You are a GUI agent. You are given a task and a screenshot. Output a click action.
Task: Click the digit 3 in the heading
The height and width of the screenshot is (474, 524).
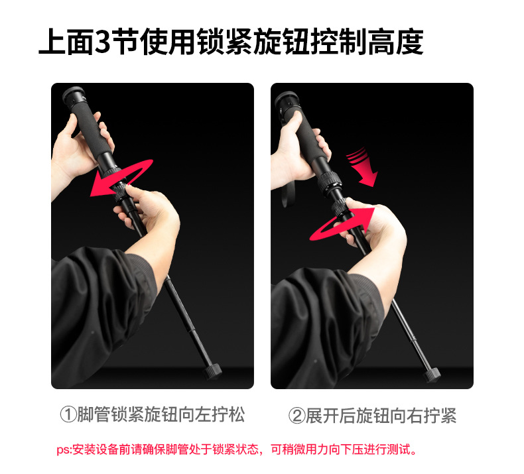102,42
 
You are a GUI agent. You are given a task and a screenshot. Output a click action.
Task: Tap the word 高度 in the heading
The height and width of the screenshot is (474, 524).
395,42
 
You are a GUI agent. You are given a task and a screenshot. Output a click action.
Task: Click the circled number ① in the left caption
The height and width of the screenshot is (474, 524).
68,414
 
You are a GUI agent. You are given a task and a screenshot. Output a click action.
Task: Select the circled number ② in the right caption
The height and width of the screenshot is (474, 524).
296,415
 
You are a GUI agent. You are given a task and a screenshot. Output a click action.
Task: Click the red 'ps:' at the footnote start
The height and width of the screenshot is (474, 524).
64,449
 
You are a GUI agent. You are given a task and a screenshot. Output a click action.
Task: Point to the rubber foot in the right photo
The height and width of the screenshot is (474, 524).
432,374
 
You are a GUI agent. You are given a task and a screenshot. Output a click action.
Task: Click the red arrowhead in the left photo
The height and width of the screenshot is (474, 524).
100,185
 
